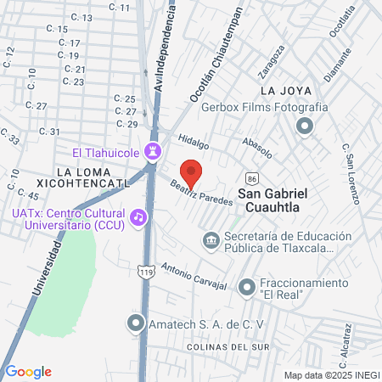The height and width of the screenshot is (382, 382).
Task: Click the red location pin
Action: pos(191,173)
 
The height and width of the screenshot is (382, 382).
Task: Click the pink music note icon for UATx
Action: pos(139,217)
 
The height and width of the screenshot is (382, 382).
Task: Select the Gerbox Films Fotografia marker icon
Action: pos(304,126)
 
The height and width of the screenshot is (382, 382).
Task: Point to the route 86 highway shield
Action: pos(252,179)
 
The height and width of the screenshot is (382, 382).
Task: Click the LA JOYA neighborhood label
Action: pos(281,91)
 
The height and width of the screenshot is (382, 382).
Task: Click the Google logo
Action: pos(29,371)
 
